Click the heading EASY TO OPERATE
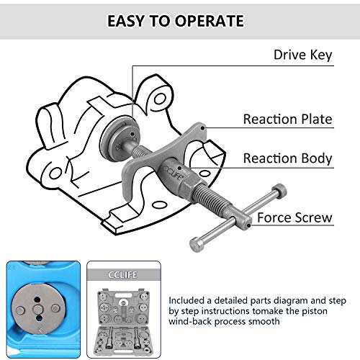[176, 21]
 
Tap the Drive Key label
[303, 55]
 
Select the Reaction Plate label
[287, 119]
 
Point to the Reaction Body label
[287, 158]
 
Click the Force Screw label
[294, 217]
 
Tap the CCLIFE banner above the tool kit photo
[122, 274]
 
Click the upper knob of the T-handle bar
[279, 191]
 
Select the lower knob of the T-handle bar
[197, 244]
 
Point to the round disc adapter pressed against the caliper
[120, 140]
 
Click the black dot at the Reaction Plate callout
[203, 128]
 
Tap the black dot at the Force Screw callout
[249, 225]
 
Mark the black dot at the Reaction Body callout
[179, 168]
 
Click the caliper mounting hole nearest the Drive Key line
[160, 99]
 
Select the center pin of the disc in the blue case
[37, 309]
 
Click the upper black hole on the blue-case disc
[37, 300]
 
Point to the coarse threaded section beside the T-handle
[211, 197]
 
